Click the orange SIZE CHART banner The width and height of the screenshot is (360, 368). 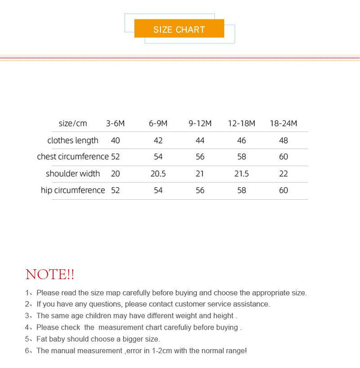(x=179, y=29)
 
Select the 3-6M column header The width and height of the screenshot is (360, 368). (x=115, y=124)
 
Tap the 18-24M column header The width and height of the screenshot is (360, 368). (x=283, y=124)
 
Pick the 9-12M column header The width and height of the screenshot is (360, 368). (x=200, y=124)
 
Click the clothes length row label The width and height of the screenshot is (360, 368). (x=73, y=140)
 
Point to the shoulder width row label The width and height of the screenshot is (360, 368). (x=73, y=173)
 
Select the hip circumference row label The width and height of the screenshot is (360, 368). (x=73, y=190)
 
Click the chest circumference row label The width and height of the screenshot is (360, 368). (x=73, y=157)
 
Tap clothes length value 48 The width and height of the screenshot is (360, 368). (x=283, y=140)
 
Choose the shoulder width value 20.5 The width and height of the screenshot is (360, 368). (x=158, y=173)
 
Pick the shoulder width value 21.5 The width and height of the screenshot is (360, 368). (x=242, y=173)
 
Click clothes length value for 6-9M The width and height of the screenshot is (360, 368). (x=158, y=140)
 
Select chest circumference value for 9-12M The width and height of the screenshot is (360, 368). (x=200, y=157)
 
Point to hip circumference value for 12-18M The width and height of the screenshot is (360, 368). (x=242, y=190)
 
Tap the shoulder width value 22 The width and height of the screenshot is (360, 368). (x=283, y=173)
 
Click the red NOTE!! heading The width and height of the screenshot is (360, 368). (x=50, y=274)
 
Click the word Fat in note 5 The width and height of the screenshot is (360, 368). (x=43, y=339)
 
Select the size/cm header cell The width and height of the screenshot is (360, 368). (x=73, y=124)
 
